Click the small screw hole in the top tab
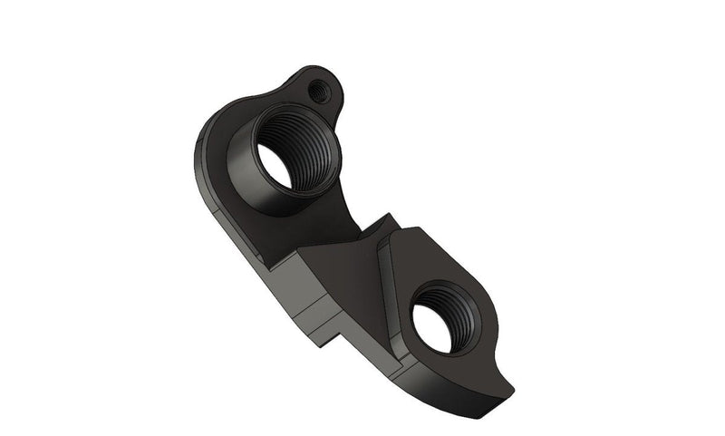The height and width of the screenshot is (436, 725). tap(317, 91)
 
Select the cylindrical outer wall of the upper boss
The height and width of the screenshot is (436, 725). tap(243, 177)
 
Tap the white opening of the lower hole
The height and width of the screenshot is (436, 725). tap(432, 329)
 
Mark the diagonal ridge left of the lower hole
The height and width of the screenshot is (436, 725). tap(385, 290)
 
